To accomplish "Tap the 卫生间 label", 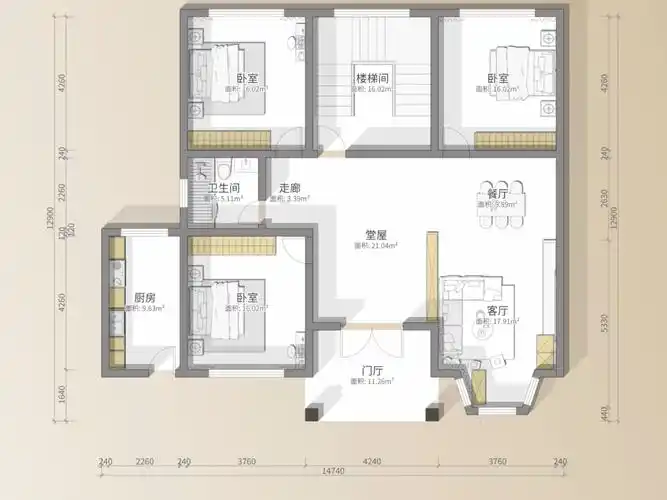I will tap(223, 188).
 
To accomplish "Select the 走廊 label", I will tap(290, 188).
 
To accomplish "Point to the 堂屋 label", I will tap(376, 235).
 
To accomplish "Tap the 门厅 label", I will tap(374, 370).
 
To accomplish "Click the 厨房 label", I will tap(144, 298).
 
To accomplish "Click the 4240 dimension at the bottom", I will tap(371, 461).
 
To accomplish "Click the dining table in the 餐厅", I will tap(497, 210).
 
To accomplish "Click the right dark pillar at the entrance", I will tap(433, 411).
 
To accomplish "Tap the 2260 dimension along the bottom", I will tap(144, 461).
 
